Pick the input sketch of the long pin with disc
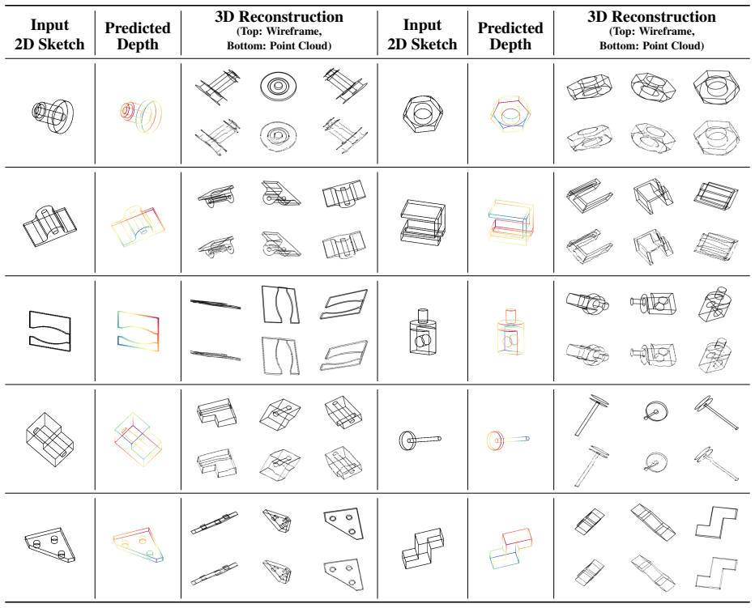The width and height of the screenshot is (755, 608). point(420,439)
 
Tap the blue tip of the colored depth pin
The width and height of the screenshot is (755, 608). point(527,439)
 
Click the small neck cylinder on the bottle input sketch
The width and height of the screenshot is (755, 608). point(422,315)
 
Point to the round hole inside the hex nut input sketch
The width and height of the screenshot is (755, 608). point(423,112)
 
